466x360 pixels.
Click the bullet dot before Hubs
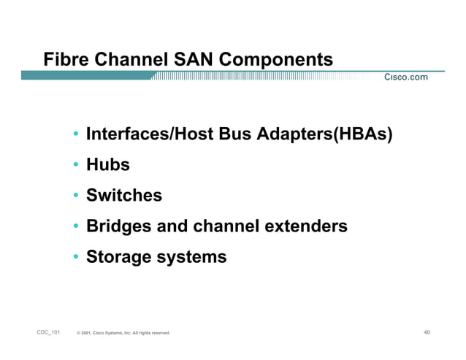point(76,166)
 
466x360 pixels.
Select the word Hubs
point(107,165)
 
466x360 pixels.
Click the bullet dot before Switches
point(76,196)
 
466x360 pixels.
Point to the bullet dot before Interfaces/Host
point(76,135)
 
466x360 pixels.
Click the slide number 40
point(427,332)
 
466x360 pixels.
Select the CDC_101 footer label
point(49,332)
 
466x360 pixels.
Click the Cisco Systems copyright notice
point(123,333)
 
